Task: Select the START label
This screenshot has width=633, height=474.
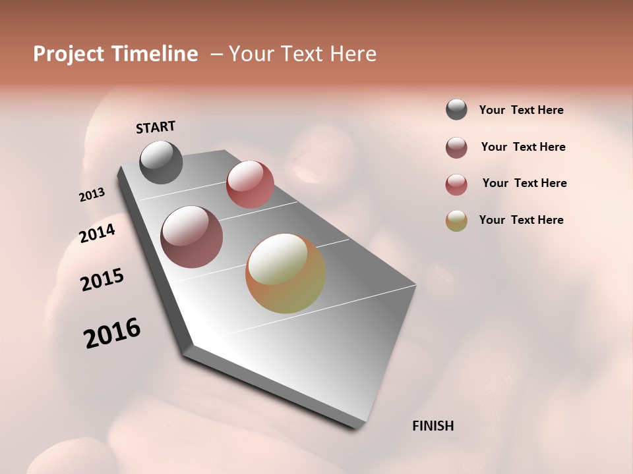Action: click(156, 127)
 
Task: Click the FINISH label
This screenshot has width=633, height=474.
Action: click(433, 426)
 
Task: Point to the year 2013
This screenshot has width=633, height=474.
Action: click(92, 195)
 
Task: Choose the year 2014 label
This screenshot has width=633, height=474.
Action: click(97, 233)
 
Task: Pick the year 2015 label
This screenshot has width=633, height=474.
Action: click(102, 280)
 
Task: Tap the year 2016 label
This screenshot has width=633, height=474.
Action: click(112, 333)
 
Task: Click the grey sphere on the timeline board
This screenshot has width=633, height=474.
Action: click(161, 162)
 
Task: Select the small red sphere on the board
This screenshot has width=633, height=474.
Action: click(250, 184)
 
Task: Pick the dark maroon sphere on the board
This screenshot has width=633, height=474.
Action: click(192, 237)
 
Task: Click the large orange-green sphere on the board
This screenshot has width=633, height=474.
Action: click(286, 273)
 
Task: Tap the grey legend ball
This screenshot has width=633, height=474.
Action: click(456, 110)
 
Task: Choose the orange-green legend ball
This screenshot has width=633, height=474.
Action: click(456, 221)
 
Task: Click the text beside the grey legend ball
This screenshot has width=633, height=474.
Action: click(521, 110)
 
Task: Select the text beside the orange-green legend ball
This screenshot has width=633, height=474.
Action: click(521, 220)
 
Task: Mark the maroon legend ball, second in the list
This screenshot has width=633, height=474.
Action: click(456, 147)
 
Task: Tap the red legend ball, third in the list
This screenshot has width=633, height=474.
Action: click(456, 184)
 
